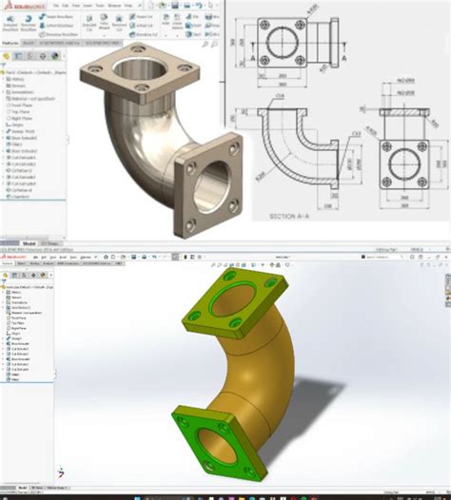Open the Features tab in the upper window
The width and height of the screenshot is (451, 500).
pos(12,44)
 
